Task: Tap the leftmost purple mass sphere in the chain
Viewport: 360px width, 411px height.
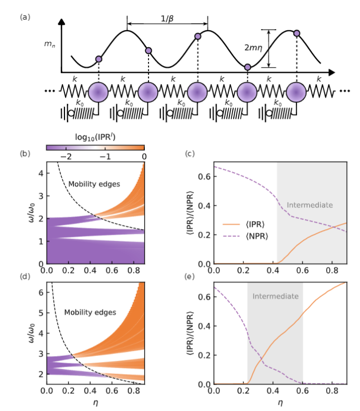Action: (98, 92)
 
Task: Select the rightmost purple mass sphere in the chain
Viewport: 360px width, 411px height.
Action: (296, 92)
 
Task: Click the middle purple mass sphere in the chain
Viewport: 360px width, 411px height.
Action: (197, 92)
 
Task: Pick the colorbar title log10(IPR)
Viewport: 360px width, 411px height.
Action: (96, 139)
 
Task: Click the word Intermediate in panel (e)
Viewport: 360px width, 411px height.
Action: (274, 297)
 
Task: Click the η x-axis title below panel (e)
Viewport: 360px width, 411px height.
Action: (281, 404)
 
